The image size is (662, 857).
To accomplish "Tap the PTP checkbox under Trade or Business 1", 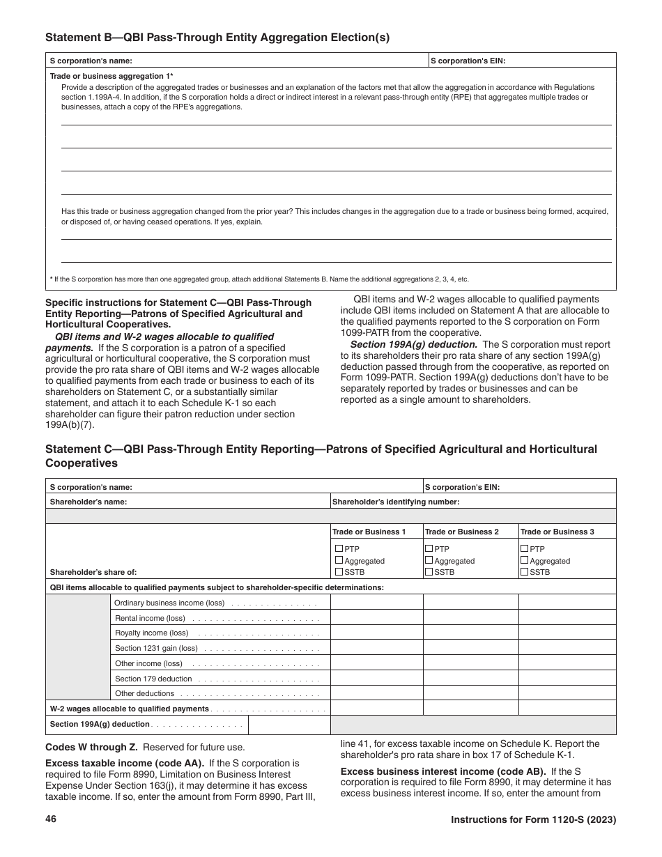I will tap(339, 548).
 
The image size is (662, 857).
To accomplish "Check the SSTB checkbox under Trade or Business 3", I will tap(525, 571).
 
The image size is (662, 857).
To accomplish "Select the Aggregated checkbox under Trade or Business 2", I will tap(429, 560).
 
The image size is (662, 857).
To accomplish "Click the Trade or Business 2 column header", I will tap(461, 532).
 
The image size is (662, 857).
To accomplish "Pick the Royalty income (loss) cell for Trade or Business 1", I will tap(376, 633).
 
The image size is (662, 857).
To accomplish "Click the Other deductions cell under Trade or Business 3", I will tap(567, 693).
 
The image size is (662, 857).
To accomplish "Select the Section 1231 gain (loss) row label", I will tap(156, 648).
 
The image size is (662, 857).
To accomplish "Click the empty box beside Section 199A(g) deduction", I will tap(288, 724).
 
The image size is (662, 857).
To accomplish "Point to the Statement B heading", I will tap(217, 38).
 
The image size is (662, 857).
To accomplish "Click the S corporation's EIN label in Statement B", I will tap(468, 61).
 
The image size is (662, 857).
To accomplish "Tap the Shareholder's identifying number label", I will tap(395, 501).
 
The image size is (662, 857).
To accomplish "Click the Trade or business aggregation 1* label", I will tap(111, 75).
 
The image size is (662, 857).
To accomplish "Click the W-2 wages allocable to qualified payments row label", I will tap(130, 709).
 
